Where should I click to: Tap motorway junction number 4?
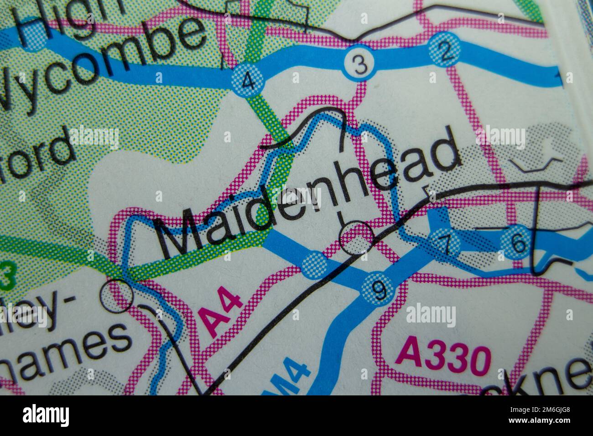pyautogui.click(x=248, y=82)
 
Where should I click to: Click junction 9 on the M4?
pyautogui.click(x=379, y=288)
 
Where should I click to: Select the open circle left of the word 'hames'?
pyautogui.click(x=117, y=296)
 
